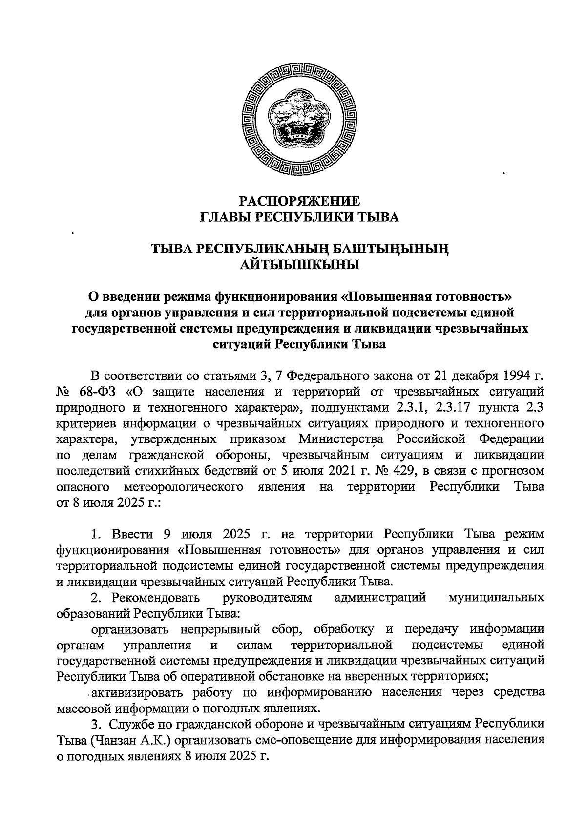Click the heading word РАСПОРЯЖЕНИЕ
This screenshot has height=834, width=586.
pyautogui.click(x=300, y=201)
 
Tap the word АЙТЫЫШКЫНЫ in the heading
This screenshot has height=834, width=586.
pyautogui.click(x=300, y=265)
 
